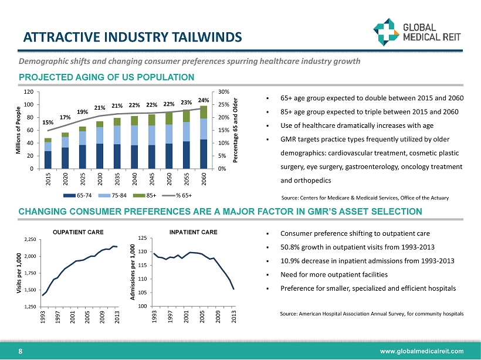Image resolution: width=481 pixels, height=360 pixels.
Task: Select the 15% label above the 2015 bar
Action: pos(48,123)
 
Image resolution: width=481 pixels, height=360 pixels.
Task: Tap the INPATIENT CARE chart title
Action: pos(193,233)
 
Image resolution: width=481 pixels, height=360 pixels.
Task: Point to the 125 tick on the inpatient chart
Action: pos(142,237)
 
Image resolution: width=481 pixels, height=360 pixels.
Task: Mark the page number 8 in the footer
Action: pos(21,351)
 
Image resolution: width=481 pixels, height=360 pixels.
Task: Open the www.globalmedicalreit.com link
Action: pos(422,351)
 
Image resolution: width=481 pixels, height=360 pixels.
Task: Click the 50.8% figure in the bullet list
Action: pos(292,246)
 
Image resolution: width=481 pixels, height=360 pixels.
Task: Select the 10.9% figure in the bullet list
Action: pos(292,260)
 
